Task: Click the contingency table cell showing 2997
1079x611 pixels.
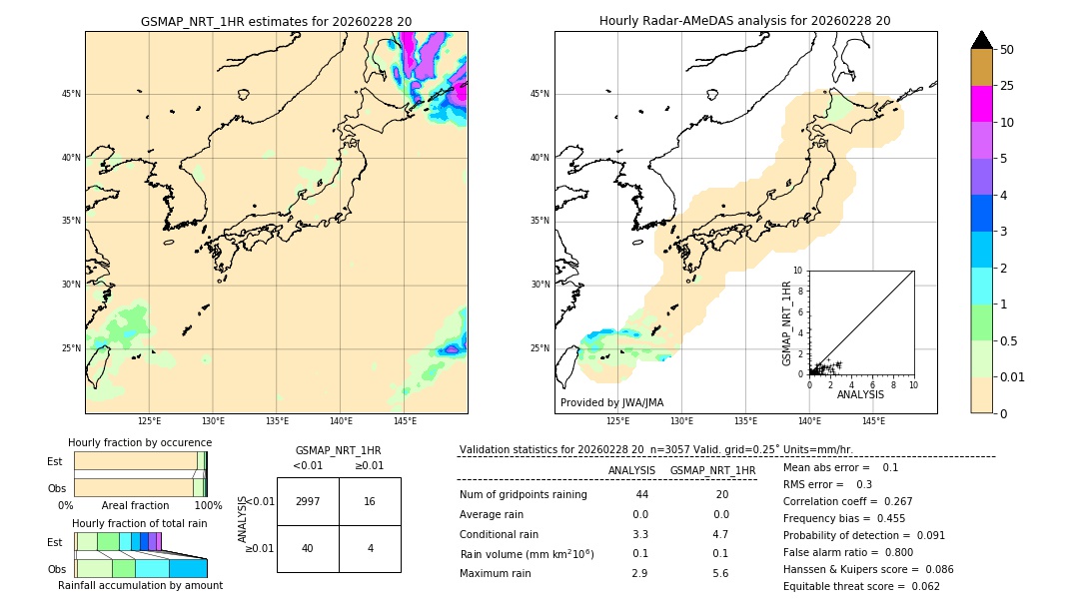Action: (308, 501)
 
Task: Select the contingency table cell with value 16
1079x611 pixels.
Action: (370, 501)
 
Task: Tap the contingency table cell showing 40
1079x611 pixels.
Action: (308, 548)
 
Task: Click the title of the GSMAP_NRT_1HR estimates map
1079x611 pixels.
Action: (276, 21)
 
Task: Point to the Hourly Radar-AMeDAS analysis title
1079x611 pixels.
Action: (745, 21)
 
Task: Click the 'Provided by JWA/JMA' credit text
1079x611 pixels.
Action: (611, 402)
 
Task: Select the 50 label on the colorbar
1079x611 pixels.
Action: (1007, 50)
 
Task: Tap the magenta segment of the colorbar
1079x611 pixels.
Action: (982, 104)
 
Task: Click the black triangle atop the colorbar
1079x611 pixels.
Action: (982, 40)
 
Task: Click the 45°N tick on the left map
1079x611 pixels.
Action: (71, 94)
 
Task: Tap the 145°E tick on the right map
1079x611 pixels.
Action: (873, 421)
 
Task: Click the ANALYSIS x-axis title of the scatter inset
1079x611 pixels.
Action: (860, 394)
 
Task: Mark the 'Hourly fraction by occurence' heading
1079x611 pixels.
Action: (140, 442)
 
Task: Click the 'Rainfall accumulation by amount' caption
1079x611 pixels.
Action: (140, 585)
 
